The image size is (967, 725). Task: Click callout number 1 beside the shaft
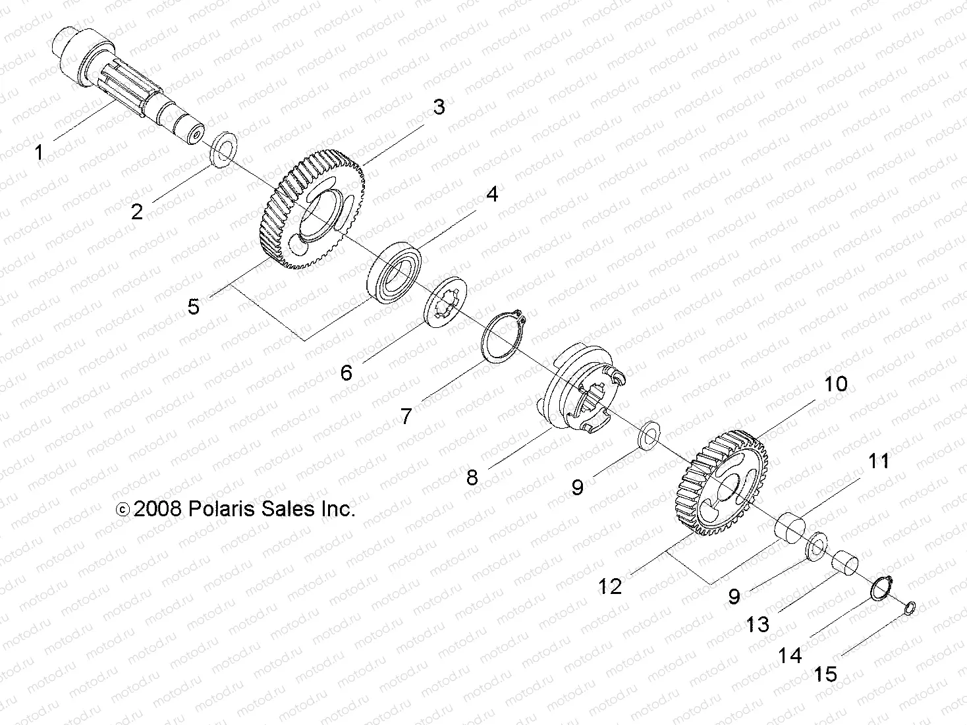coord(39,153)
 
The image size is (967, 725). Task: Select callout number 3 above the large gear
coord(439,107)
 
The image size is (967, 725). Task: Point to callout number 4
coord(492,194)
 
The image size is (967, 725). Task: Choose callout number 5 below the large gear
coord(193,306)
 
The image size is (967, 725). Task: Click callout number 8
coord(472,477)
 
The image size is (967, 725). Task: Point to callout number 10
coord(836,384)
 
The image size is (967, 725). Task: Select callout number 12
coord(610,585)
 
